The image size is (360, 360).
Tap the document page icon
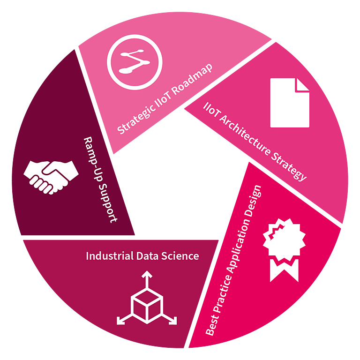(290, 103)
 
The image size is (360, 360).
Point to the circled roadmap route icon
(135, 62)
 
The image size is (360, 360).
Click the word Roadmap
(192, 79)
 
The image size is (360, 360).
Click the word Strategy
(289, 167)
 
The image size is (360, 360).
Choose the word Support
(108, 203)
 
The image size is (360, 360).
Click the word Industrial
(110, 256)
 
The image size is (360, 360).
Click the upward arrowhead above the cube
(147, 274)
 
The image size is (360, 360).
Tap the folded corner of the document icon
(303, 85)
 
